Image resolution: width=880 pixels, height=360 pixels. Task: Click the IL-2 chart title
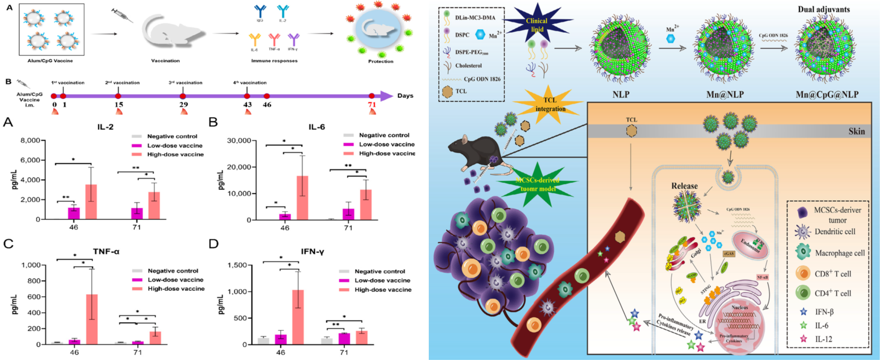pos(105,127)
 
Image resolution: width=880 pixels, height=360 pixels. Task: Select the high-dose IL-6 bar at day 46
pos(302,198)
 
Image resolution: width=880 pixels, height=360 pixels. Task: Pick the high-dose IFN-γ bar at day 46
pos(298,317)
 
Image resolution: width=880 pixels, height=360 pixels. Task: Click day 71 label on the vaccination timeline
pos(372,105)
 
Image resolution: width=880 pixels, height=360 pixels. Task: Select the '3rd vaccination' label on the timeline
pos(185,83)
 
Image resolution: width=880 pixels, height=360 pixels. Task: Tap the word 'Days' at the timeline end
pos(405,96)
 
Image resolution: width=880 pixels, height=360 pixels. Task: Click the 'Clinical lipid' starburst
pos(536,25)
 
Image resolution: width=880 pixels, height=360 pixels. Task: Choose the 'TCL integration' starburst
pos(550,104)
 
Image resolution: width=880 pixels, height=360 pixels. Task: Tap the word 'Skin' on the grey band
pos(856,132)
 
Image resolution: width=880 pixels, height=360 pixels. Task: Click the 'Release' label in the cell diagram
pos(684,186)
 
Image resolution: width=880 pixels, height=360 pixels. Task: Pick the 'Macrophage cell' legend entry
pos(840,253)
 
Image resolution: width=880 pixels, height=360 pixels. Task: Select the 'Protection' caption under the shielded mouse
pos(381,61)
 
